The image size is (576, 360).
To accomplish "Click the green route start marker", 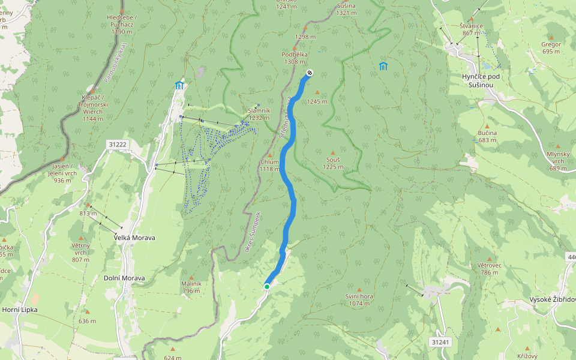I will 266,287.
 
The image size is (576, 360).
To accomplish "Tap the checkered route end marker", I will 310,73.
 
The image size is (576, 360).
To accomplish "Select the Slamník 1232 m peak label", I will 259,114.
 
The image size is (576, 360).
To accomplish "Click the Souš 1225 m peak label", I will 333,163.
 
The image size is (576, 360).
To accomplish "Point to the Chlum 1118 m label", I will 269,166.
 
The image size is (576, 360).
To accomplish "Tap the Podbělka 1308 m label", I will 294,58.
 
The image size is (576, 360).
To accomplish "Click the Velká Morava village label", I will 134,238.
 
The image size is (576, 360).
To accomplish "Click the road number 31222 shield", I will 118,145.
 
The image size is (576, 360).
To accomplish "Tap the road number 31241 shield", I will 440,341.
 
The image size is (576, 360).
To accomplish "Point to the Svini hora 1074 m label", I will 359,299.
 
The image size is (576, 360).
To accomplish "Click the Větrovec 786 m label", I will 489,268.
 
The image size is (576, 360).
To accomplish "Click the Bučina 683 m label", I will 487,136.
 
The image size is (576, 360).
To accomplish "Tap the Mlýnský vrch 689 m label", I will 557,164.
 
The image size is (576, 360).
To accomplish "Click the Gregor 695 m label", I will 551,47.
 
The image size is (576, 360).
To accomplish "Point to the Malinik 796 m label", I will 191,287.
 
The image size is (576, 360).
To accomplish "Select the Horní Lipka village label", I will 20,310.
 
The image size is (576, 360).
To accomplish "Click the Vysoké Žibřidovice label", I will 553,299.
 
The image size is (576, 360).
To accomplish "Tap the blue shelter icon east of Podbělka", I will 383,65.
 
